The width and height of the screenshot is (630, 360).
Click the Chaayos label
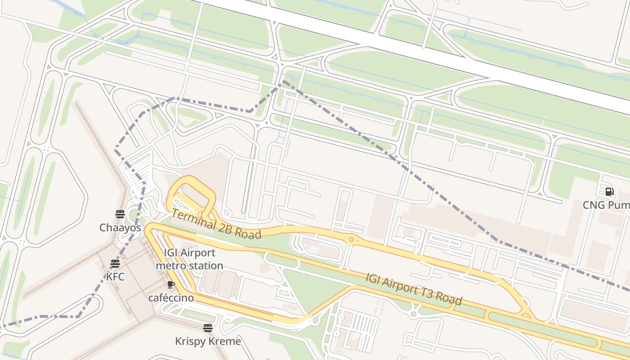(x=120, y=228)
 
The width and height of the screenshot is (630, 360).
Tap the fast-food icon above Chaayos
(x=120, y=214)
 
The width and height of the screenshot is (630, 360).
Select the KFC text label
(x=115, y=276)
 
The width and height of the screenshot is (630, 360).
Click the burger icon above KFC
(x=115, y=263)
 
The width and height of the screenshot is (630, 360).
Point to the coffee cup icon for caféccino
(x=171, y=284)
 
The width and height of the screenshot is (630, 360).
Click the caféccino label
(x=171, y=298)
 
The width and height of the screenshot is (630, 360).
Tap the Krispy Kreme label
(x=208, y=341)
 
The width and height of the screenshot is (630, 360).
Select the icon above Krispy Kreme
(x=207, y=328)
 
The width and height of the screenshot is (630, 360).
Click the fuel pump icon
(x=609, y=192)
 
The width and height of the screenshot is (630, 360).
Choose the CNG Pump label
(x=606, y=205)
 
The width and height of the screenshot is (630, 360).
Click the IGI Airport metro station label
(x=189, y=259)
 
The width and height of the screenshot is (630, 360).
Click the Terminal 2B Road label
(x=216, y=224)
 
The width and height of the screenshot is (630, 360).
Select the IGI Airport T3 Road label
(x=414, y=289)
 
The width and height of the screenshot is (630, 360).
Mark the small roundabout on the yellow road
(x=351, y=240)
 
